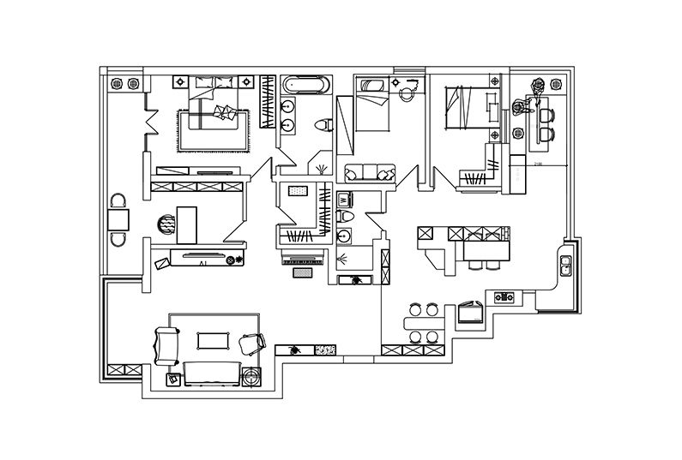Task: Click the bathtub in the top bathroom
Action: (305, 85)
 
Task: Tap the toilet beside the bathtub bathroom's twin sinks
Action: (323, 125)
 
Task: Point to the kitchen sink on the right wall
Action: (567, 266)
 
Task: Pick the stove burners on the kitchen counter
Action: (504, 298)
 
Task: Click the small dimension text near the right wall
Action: (538, 164)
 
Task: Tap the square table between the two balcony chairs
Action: (118, 220)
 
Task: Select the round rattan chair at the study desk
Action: (166, 224)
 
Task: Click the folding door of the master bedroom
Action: (151, 120)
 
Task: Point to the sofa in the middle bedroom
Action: (368, 173)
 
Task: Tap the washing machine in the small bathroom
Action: (345, 200)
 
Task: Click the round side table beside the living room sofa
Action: (252, 375)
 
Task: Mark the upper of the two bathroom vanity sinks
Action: (287, 105)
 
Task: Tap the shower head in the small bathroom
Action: (343, 260)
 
